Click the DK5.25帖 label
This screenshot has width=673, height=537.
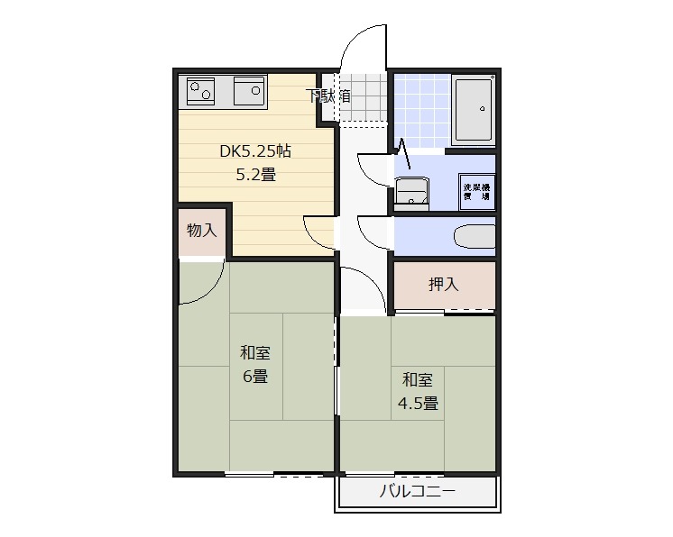(x=255, y=151)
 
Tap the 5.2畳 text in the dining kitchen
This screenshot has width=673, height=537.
(x=255, y=175)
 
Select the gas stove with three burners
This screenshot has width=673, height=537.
(x=202, y=91)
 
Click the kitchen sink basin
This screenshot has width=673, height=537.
(x=249, y=91)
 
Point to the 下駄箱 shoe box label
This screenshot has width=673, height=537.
(x=328, y=96)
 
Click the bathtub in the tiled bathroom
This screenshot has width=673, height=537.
(x=473, y=110)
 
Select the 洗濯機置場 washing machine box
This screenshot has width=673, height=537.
(x=477, y=191)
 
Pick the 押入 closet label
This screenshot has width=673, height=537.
(x=443, y=285)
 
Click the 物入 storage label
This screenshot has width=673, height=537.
(x=201, y=230)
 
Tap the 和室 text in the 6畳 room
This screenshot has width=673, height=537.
(x=255, y=353)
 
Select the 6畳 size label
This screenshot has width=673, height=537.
(x=255, y=377)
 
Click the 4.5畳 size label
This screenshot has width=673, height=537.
(x=419, y=403)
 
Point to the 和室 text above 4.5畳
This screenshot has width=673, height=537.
(x=418, y=379)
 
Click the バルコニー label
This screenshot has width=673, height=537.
(x=417, y=492)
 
